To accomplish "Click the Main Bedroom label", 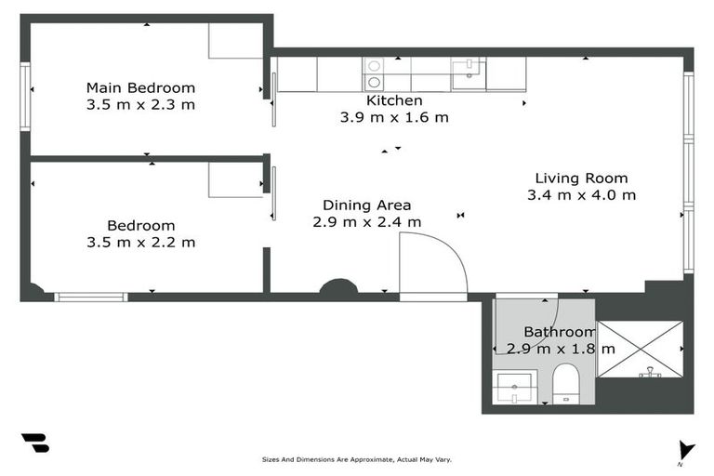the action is [x=140, y=87].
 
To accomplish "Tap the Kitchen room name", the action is [x=394, y=100].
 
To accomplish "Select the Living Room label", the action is [x=581, y=178].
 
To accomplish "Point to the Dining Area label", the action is [x=367, y=205].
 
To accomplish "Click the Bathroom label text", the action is [x=560, y=332].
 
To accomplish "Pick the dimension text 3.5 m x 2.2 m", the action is [x=141, y=243].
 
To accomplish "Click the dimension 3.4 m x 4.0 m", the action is [x=581, y=195].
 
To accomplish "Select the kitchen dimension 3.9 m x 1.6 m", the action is [x=394, y=117].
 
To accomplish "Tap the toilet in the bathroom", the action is [x=566, y=384].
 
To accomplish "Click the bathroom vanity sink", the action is [x=515, y=388].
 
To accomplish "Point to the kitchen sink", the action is [x=469, y=73].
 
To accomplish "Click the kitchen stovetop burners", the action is [x=374, y=74].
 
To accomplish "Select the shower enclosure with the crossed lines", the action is [x=640, y=350].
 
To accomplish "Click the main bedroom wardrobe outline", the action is [x=236, y=41].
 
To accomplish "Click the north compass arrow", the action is [x=686, y=451].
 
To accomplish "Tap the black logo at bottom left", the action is [x=36, y=443].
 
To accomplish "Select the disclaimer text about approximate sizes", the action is [x=357, y=459].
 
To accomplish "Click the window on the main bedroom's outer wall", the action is [x=25, y=97].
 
